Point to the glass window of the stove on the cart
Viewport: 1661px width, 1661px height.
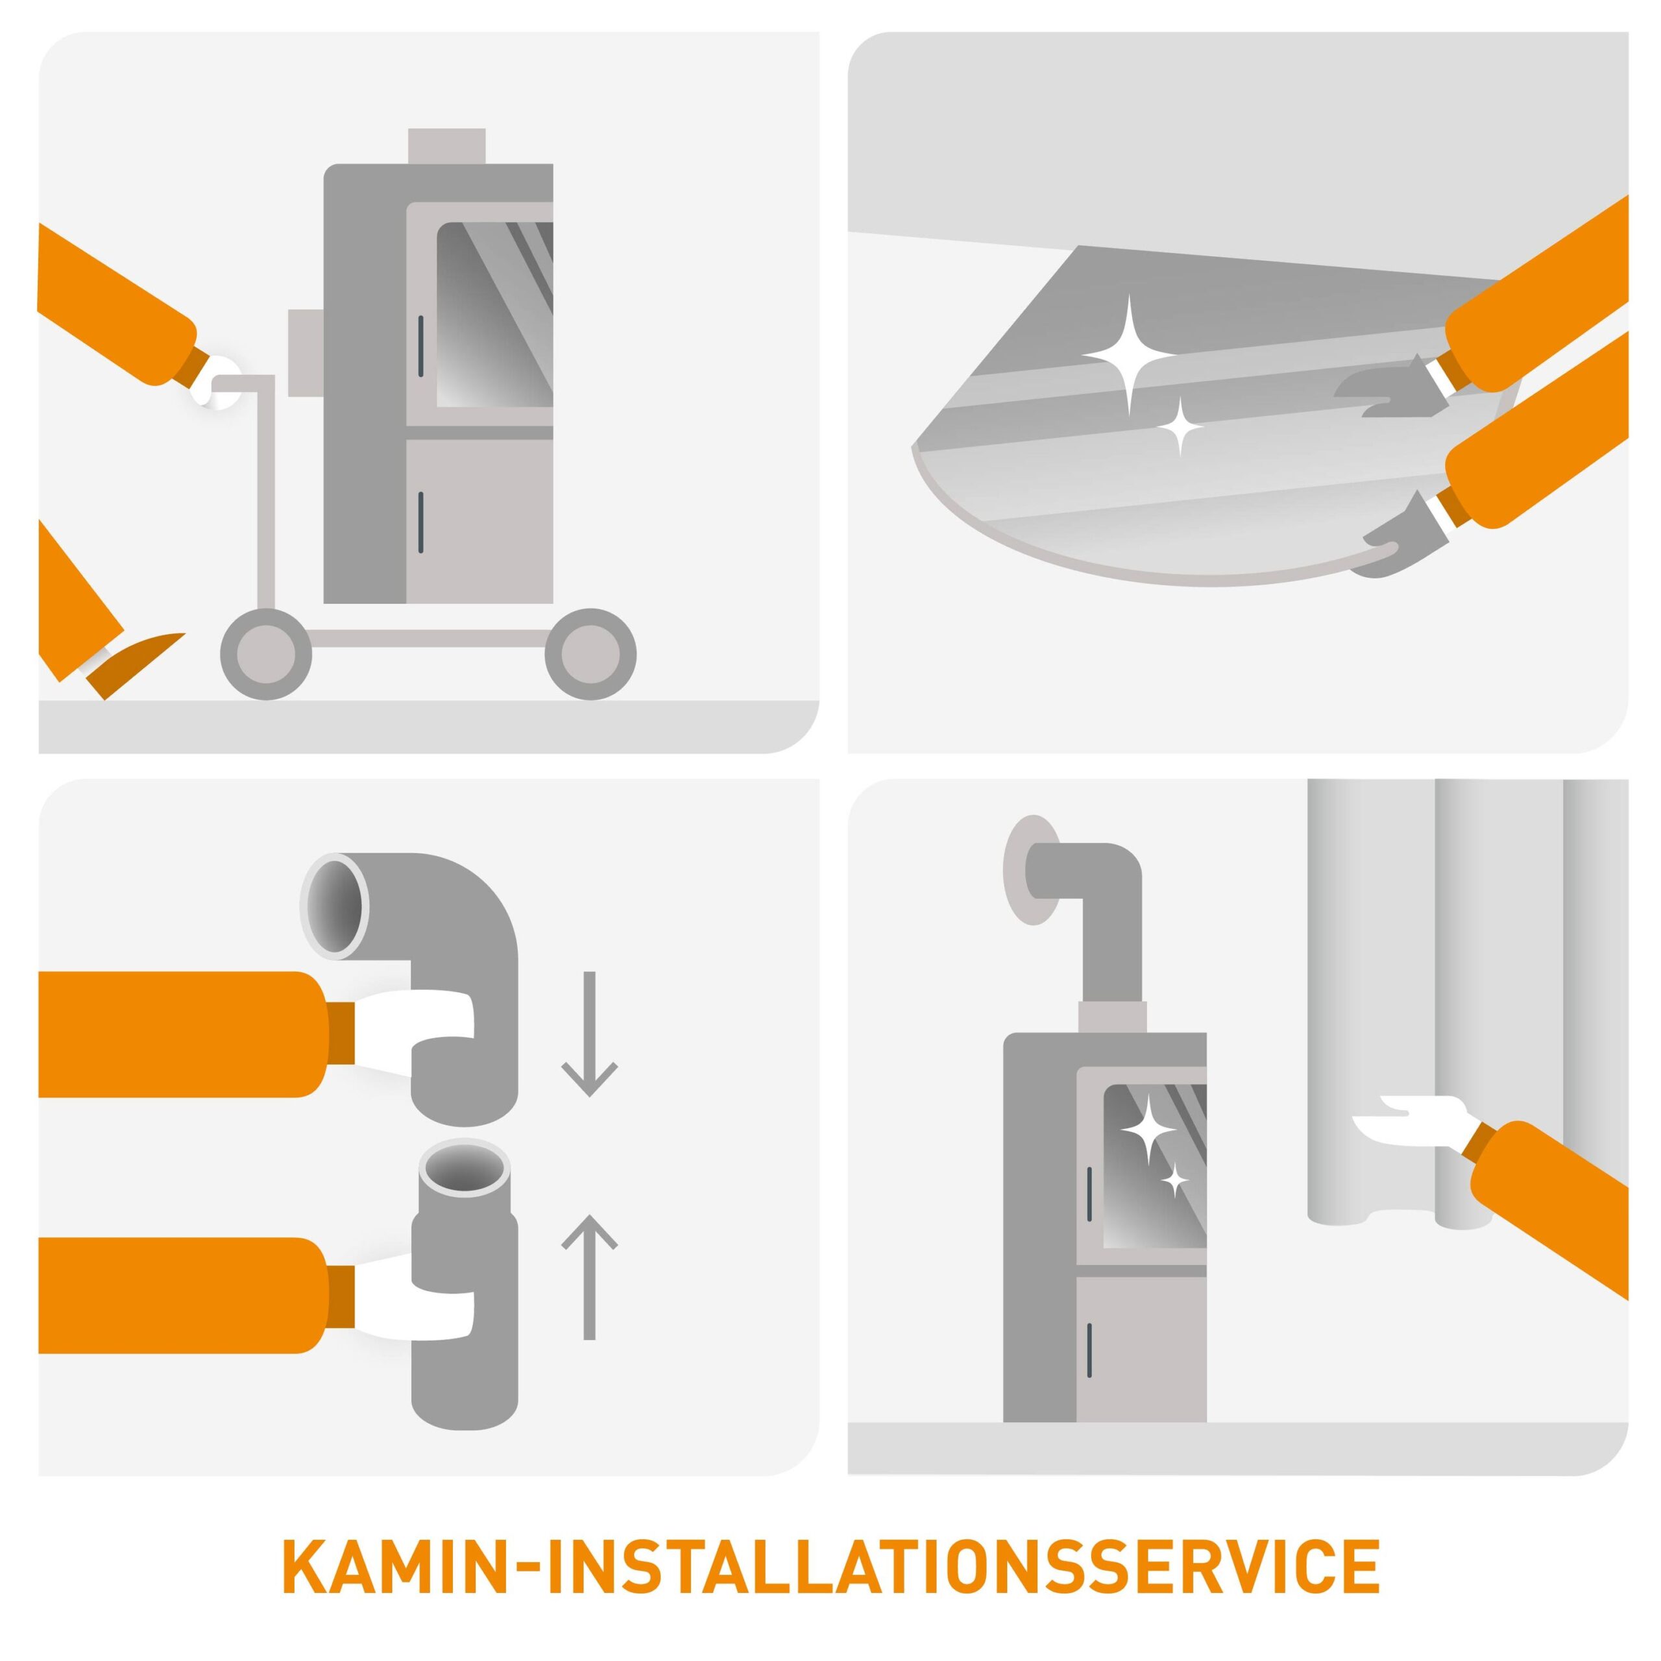[494, 315]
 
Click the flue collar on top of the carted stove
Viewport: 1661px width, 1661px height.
[446, 146]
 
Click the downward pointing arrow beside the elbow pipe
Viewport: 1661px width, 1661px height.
[590, 1034]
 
